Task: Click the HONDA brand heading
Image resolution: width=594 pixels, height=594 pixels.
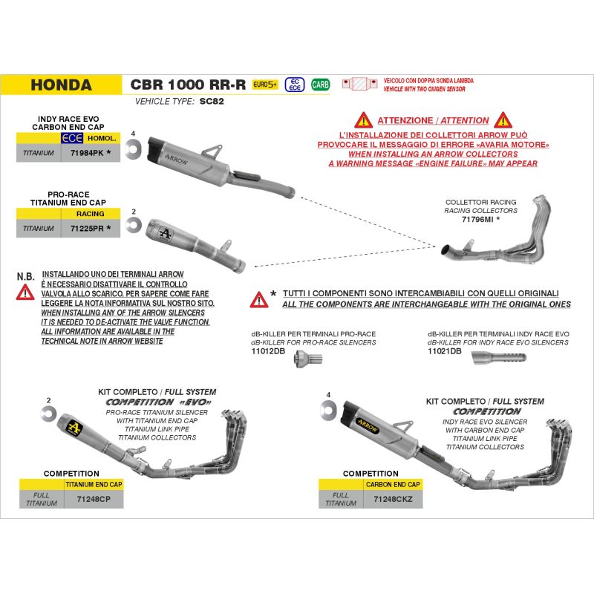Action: click(x=62, y=85)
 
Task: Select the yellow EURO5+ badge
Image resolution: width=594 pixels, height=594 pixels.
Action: click(x=264, y=84)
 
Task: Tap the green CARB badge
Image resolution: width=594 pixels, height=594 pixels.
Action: click(x=321, y=84)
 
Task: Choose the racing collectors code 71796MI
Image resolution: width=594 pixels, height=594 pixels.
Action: click(x=478, y=221)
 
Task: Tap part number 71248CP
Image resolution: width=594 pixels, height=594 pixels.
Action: click(x=94, y=499)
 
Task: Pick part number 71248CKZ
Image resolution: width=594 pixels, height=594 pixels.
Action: click(x=394, y=499)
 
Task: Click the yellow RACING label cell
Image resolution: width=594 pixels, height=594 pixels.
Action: click(x=91, y=214)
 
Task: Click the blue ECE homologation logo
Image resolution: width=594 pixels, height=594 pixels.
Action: click(x=72, y=138)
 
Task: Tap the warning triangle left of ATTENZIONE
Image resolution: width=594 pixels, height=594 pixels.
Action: click(x=362, y=119)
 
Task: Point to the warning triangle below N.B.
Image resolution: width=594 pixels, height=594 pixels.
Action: click(x=25, y=291)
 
